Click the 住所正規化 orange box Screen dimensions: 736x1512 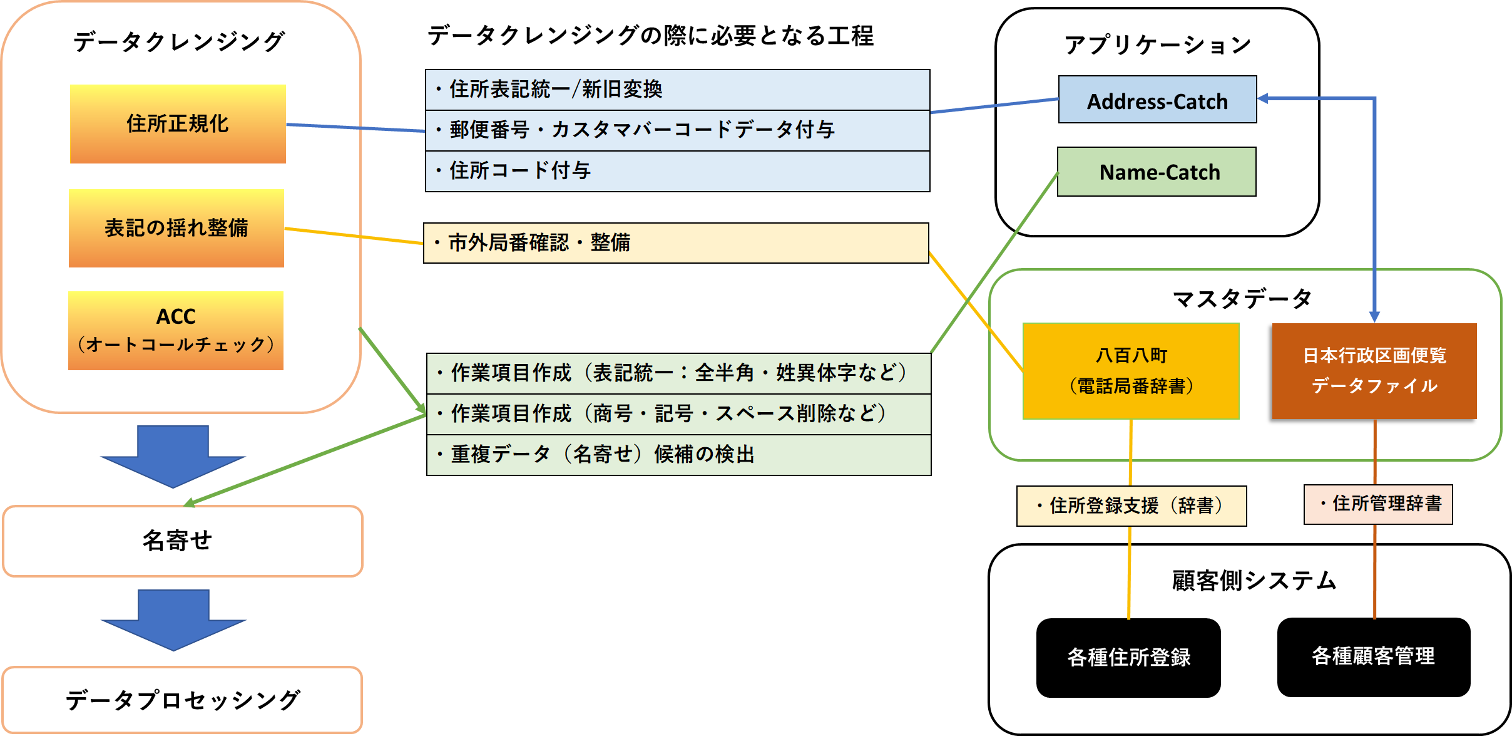point(178,124)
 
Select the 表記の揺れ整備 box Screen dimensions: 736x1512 point(176,228)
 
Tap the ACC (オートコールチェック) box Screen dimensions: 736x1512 point(176,330)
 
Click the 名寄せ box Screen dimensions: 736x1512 point(183,541)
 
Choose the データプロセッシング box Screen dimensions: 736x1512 point(182,700)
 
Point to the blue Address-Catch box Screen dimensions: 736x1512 point(1157,100)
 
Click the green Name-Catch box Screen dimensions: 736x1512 point(1157,172)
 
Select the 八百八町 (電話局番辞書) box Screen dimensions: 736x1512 point(1131,371)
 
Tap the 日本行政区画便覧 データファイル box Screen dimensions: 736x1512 point(1374,371)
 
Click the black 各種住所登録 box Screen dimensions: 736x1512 point(1128,657)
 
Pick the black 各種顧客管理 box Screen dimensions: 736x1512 point(1374,656)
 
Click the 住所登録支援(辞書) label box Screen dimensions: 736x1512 point(1131,505)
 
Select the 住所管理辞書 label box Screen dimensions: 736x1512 point(1378,504)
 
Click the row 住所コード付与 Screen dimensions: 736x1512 point(677,171)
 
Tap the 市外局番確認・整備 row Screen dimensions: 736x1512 point(676,243)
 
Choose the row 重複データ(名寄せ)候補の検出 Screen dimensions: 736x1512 point(678,455)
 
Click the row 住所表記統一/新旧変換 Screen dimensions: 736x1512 point(677,90)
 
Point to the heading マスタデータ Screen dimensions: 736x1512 point(1242,299)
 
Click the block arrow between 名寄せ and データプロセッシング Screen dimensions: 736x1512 point(174,619)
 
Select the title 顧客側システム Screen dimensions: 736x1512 point(1254,581)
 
